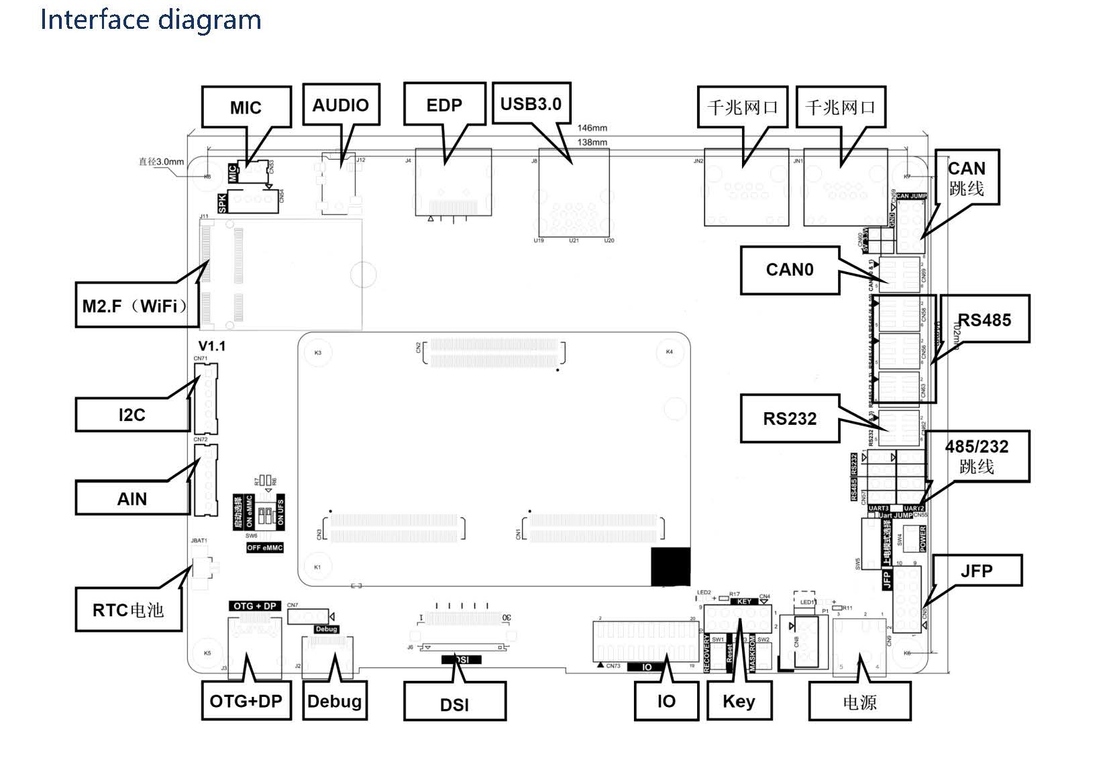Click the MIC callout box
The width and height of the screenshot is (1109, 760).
(246, 107)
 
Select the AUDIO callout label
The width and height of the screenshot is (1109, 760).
(341, 105)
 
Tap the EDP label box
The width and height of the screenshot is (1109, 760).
(444, 105)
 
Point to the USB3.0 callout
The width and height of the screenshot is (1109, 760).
(531, 103)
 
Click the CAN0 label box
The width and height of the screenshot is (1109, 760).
(790, 270)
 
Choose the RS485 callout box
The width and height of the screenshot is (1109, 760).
(984, 320)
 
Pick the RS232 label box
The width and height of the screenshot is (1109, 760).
(790, 419)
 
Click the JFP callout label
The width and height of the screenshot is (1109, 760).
(976, 571)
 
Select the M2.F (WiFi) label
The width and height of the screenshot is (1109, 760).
(133, 306)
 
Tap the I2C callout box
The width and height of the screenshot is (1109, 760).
(132, 415)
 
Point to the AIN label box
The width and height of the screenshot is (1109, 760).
(132, 499)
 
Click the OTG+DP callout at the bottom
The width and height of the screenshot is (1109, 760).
(246, 701)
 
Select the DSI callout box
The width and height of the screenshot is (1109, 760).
(454, 704)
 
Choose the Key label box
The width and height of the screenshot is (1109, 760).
(739, 701)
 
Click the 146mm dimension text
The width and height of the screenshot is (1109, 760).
(592, 128)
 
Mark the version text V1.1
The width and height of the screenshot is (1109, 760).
(212, 346)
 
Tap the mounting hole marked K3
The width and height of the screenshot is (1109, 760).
(318, 352)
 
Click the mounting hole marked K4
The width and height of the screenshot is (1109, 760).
(669, 352)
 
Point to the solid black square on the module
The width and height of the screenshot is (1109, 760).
(670, 567)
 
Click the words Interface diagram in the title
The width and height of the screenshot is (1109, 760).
(151, 19)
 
